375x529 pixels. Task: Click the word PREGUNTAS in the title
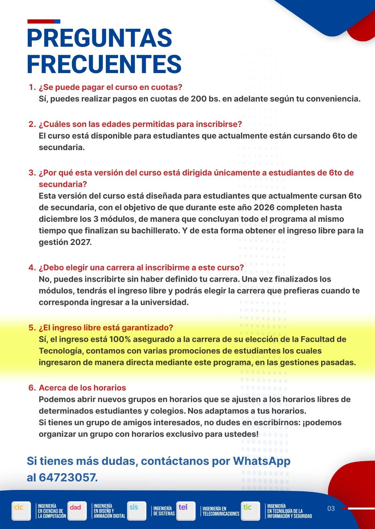point(99,38)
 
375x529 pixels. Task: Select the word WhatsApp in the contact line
point(262,461)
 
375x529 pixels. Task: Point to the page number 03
point(331,509)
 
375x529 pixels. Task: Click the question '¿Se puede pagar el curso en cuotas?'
point(110,87)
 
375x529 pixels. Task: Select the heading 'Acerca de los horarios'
point(82,387)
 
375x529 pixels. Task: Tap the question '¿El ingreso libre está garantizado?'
point(106,328)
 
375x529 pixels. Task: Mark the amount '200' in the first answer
point(198,99)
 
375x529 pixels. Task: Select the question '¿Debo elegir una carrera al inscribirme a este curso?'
point(141,267)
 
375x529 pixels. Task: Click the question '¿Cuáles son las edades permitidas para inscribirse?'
point(140,124)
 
